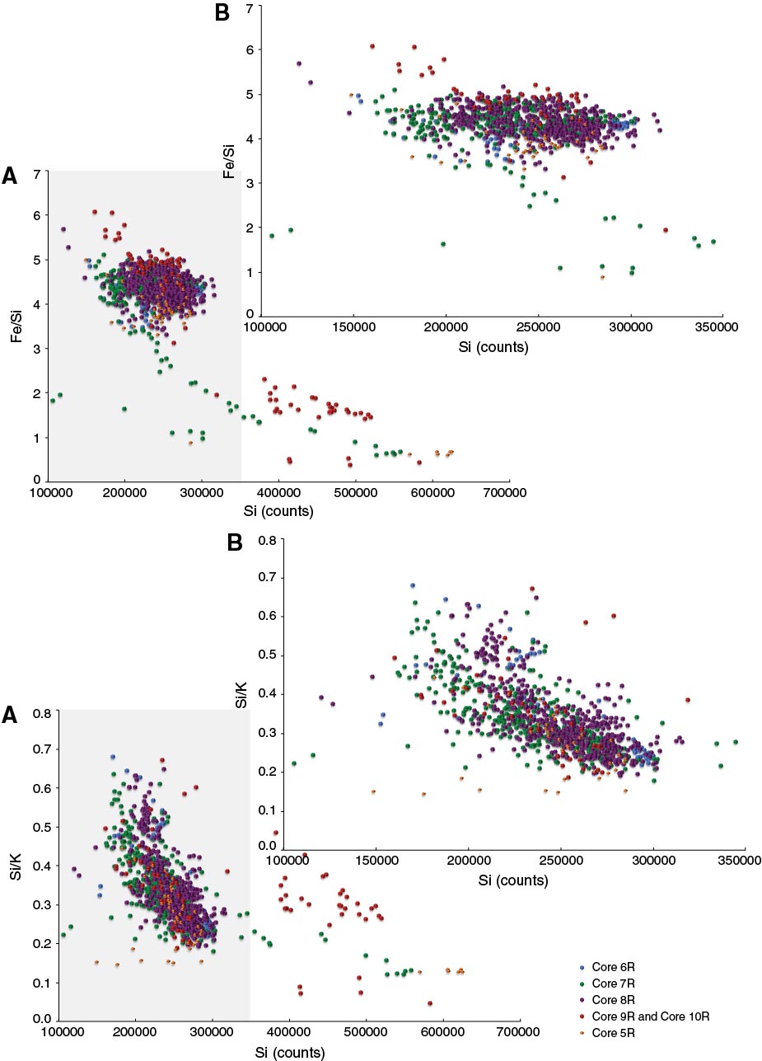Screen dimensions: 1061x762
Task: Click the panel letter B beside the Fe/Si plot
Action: point(222,14)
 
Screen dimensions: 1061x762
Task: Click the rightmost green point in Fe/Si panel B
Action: point(713,242)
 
